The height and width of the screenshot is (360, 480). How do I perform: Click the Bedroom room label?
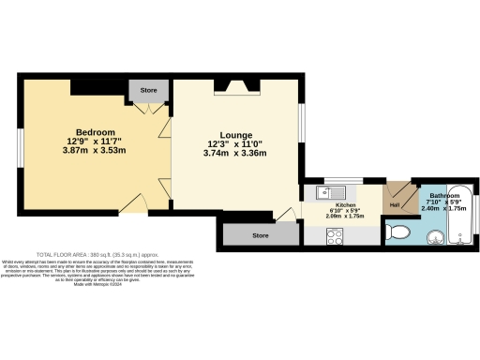pos(96,132)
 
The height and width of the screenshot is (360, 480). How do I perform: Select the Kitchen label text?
pos(346,203)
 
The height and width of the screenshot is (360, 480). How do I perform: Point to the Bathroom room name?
pos(444,196)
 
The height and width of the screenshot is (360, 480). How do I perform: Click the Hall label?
pos(395,204)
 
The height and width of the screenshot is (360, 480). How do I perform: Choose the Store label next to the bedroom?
pos(148,92)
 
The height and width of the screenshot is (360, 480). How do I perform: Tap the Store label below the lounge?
pos(261,235)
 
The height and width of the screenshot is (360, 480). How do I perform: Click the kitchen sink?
pos(324,193)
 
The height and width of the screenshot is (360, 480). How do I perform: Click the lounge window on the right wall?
pos(302,126)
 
